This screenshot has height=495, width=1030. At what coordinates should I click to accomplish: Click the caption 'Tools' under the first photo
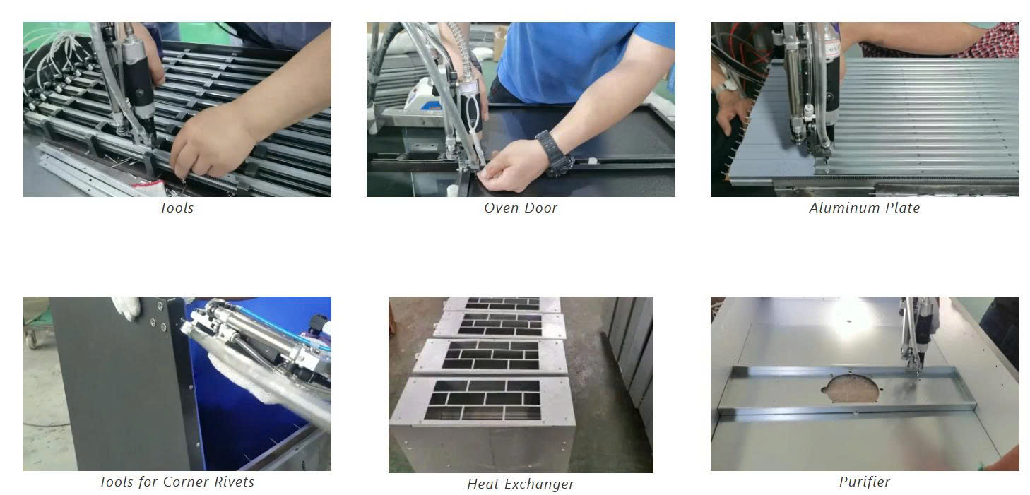tap(177, 208)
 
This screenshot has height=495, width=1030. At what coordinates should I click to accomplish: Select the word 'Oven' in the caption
tap(501, 208)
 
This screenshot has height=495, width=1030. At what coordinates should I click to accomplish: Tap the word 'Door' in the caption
tap(541, 208)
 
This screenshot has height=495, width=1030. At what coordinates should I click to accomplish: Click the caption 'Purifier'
tap(865, 482)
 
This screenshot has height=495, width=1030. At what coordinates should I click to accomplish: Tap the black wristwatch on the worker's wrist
tap(552, 152)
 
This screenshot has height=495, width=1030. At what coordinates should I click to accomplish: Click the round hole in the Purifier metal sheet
tap(850, 388)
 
